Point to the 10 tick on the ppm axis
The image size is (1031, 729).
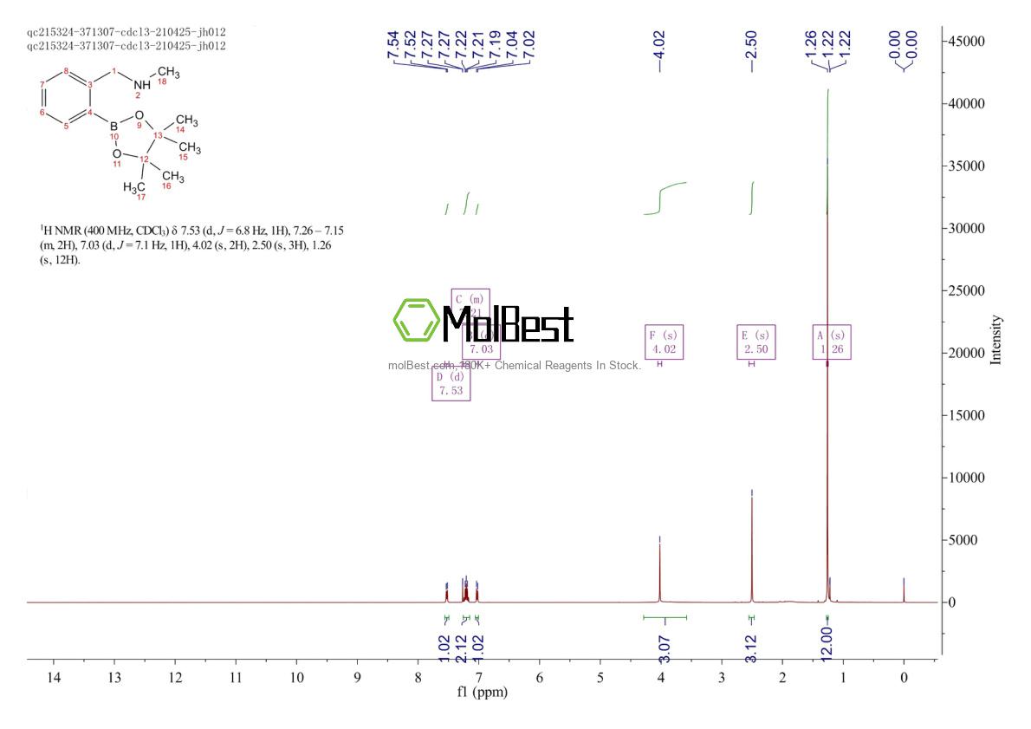click(296, 677)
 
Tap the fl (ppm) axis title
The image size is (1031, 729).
click(483, 693)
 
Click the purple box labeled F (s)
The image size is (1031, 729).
click(664, 342)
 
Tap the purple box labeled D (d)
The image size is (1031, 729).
click(451, 383)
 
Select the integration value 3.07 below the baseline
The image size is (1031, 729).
click(665, 641)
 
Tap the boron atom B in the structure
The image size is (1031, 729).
click(113, 126)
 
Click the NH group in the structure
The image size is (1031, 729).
click(141, 84)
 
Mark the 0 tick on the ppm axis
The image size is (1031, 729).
click(904, 677)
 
